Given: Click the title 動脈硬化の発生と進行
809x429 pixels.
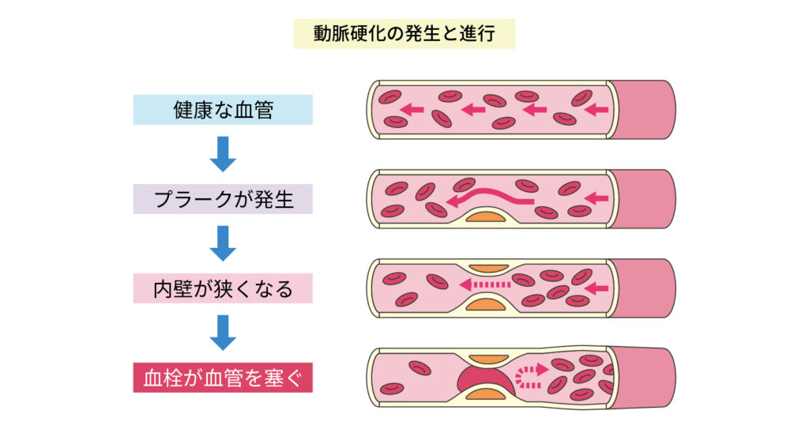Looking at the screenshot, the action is [404, 34].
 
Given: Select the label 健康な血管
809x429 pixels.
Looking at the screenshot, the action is [223, 110].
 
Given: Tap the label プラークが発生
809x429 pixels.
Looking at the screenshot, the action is [223, 199].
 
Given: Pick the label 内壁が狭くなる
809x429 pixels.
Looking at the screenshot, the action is [223, 288].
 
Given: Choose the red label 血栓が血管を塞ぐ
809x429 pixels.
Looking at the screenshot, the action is [223, 378].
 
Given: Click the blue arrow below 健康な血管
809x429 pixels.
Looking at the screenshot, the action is [223, 154].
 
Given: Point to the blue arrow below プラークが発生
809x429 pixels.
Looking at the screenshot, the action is [223, 243].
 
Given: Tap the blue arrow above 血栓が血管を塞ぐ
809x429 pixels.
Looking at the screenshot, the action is [223, 333].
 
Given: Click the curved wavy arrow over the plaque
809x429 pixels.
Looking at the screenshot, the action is [489, 195].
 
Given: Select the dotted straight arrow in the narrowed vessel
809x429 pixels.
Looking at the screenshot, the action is [485, 284].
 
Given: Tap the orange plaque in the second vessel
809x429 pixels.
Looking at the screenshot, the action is [486, 216].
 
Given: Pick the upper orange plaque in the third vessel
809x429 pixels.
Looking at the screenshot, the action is [488, 269].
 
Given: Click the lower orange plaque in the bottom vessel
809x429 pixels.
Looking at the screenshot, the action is [486, 394].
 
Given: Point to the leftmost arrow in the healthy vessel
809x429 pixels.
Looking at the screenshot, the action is [412, 110].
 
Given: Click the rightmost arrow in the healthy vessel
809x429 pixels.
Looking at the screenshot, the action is [596, 110].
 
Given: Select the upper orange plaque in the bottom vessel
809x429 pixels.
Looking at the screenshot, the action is [488, 359].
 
